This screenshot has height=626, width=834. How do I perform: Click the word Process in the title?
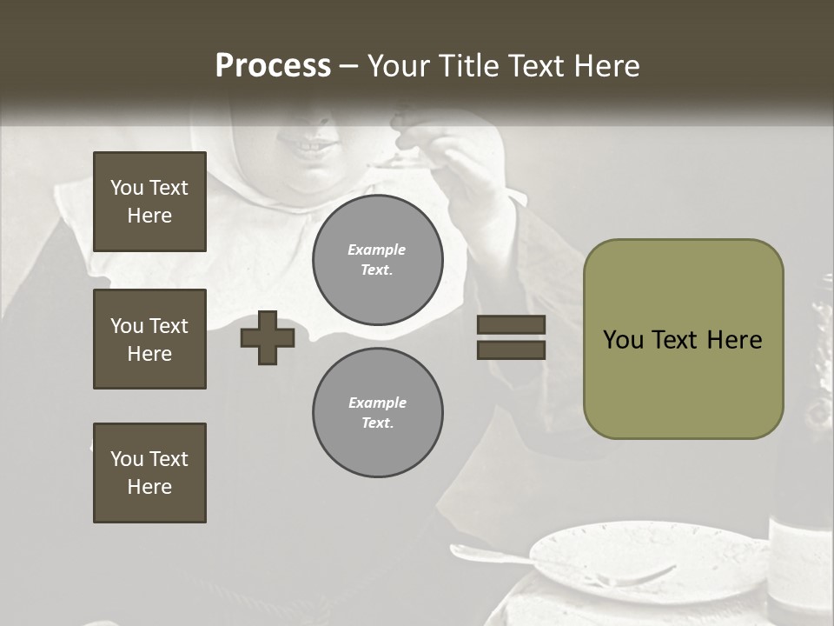coord(273,66)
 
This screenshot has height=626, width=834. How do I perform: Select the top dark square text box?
coord(149,202)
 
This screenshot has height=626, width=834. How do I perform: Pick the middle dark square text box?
coord(149,339)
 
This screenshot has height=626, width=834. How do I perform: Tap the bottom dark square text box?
coord(149,473)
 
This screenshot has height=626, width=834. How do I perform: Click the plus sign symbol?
coord(268,337)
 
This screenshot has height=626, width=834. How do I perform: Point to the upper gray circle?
coord(378,260)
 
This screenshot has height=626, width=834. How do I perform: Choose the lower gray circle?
coord(378,413)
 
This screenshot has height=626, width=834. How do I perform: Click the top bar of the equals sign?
coord(511,325)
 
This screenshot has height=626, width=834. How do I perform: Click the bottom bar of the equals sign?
coord(511,350)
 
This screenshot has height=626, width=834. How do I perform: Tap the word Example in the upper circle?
coord(377,250)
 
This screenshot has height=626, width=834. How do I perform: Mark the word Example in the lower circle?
coord(377,403)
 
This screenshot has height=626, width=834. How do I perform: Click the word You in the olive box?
coord(623,339)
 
